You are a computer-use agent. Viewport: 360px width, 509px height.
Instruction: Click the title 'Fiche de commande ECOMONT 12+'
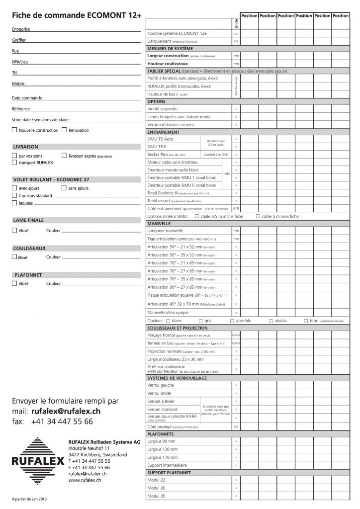tap(77, 15)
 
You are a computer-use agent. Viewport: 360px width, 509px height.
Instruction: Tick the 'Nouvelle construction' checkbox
tap(14, 130)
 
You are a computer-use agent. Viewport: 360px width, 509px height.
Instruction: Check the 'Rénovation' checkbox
tap(64, 130)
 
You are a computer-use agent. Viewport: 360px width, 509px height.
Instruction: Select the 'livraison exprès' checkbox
tap(64, 156)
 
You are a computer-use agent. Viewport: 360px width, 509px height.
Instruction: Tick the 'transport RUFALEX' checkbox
tap(14, 162)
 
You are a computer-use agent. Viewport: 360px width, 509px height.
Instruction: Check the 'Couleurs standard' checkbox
tap(14, 196)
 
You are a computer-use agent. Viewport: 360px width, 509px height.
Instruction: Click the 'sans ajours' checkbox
tap(64, 188)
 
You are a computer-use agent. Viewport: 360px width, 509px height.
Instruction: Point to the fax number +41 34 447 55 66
tap(61, 422)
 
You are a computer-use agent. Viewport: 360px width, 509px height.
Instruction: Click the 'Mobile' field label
tap(18, 84)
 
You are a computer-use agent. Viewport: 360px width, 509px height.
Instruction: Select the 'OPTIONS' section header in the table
tap(159, 101)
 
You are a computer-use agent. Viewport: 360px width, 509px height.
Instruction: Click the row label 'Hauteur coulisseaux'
tap(167, 64)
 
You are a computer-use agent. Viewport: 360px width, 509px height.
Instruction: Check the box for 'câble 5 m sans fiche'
tap(258, 217)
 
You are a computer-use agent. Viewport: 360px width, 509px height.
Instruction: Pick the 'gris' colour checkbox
tap(201, 322)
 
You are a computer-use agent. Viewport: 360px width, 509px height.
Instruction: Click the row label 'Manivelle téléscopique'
tap(168, 313)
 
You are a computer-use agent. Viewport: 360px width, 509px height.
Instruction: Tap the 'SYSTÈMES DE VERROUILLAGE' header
tap(178, 378)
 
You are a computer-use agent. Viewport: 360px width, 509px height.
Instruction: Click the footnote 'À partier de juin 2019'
tap(30, 499)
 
